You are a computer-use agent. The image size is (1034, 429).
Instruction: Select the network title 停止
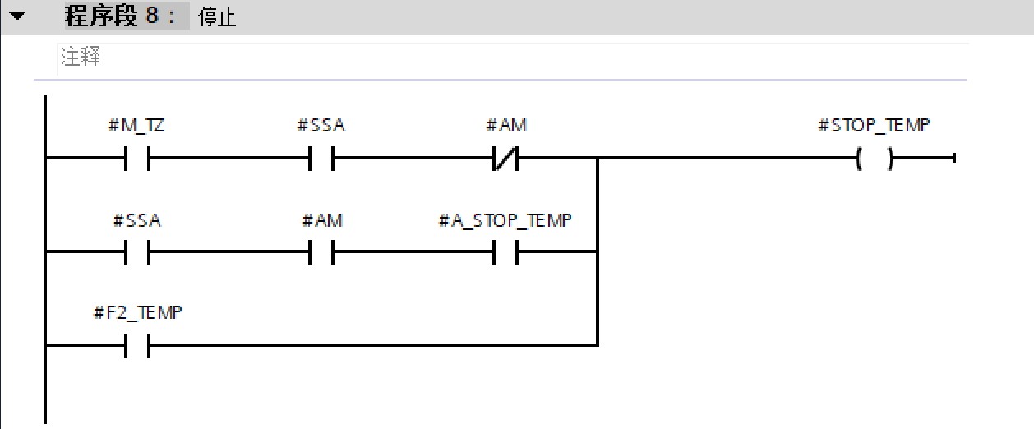tap(218, 18)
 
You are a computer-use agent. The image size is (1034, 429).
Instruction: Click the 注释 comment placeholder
tap(81, 58)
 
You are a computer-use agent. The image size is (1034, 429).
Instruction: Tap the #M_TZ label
tap(136, 126)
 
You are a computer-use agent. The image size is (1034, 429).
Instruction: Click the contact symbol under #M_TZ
tap(136, 158)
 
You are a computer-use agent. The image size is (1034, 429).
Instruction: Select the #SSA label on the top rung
tap(321, 126)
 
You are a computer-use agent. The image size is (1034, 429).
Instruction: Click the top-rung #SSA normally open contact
tap(321, 158)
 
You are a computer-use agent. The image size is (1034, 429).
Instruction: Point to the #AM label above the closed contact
tap(506, 126)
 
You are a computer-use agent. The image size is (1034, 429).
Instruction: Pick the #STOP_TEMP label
tap(874, 126)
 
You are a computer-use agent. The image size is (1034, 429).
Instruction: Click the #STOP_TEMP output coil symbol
tap(874, 158)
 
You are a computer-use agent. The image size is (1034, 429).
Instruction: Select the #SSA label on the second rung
tap(136, 221)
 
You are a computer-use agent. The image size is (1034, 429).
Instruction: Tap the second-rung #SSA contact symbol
tap(136, 252)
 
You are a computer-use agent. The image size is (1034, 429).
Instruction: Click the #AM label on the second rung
tap(321, 221)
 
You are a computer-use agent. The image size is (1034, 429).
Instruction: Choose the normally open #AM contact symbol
tap(321, 252)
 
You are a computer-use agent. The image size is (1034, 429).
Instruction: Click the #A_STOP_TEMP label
tap(505, 221)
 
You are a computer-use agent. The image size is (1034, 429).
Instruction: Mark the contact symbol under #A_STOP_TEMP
tap(505, 252)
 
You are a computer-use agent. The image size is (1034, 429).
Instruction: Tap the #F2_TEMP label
tap(137, 313)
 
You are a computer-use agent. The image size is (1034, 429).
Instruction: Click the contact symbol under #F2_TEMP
tap(136, 346)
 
